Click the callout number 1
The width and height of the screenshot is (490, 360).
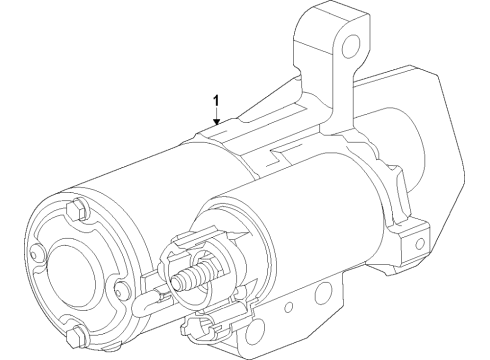(214, 100)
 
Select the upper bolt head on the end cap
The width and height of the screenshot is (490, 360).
(78, 211)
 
